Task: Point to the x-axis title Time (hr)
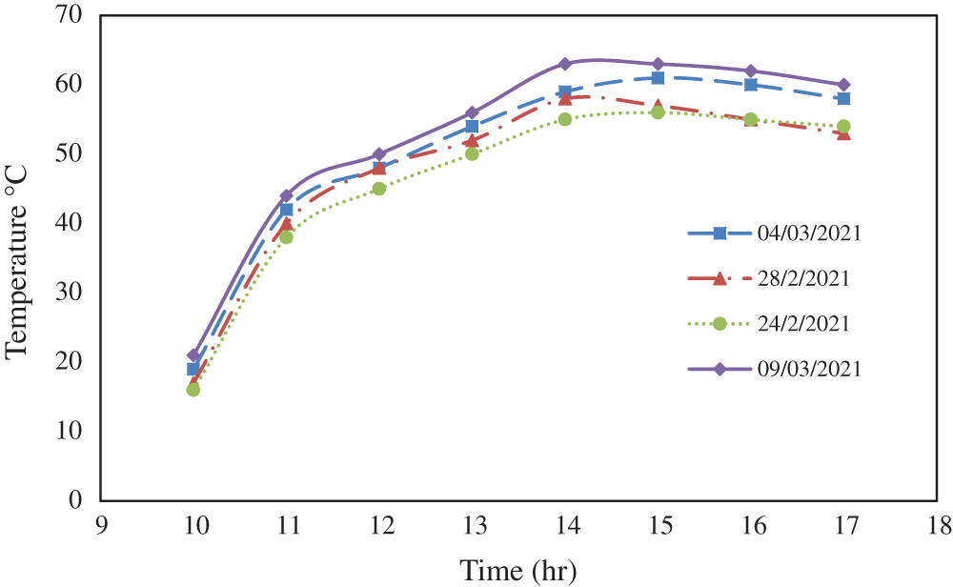point(518,571)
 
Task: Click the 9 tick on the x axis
point(100,525)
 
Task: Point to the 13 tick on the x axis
point(472,525)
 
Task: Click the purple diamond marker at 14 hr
point(565,64)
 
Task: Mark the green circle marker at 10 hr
point(193,389)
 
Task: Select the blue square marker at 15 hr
point(658,78)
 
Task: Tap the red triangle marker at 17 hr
point(843,133)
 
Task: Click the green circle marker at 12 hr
point(379,189)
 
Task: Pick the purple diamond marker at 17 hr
point(843,85)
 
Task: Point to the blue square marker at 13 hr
point(472,127)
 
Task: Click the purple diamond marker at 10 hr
point(193,354)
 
